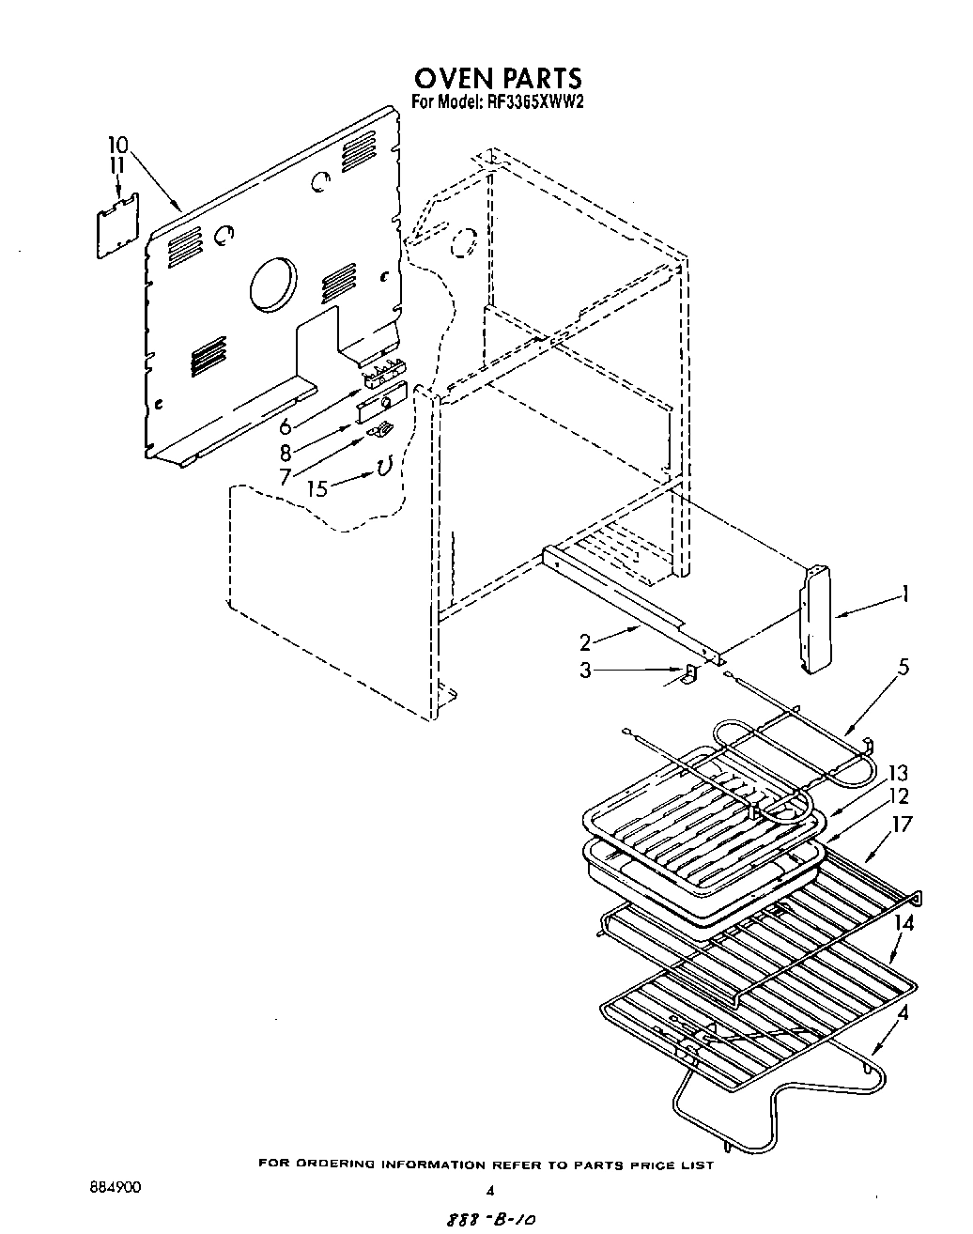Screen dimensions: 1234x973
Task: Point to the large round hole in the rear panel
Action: tap(272, 283)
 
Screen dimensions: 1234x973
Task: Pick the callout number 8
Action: tap(286, 451)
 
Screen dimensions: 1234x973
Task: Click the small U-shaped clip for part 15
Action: tap(383, 466)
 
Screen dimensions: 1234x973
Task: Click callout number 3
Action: tap(585, 671)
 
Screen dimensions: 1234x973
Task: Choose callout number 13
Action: tap(899, 773)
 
